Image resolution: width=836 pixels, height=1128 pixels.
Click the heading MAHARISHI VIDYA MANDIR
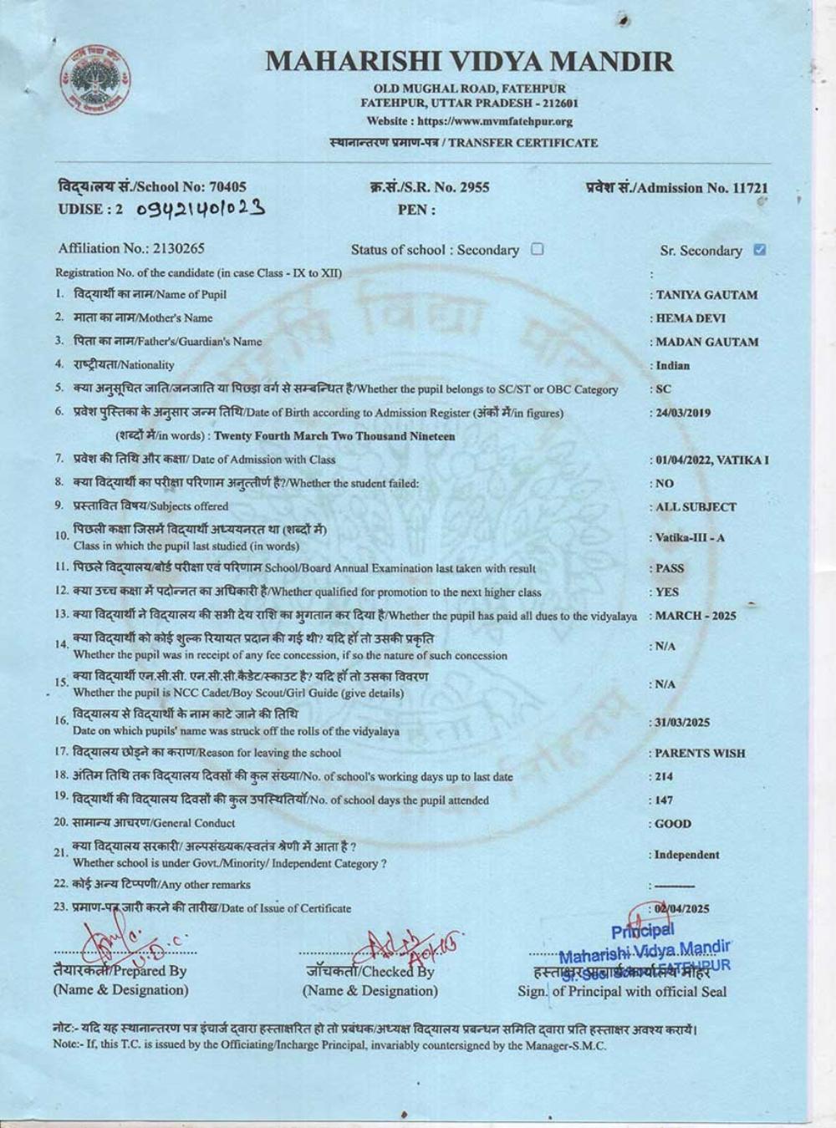469,61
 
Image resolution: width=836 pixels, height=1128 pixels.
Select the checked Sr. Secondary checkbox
759,250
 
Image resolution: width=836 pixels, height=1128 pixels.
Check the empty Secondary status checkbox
538,249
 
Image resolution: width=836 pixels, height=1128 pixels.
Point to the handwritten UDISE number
201,208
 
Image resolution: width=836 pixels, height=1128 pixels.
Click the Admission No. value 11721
750,188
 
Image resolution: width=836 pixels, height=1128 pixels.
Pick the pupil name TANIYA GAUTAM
706,295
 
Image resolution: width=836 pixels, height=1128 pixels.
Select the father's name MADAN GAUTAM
707,342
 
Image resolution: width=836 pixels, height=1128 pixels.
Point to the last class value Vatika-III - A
690,537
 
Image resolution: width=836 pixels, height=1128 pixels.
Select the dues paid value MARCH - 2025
696,616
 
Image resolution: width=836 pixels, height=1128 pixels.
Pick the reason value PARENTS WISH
700,753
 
